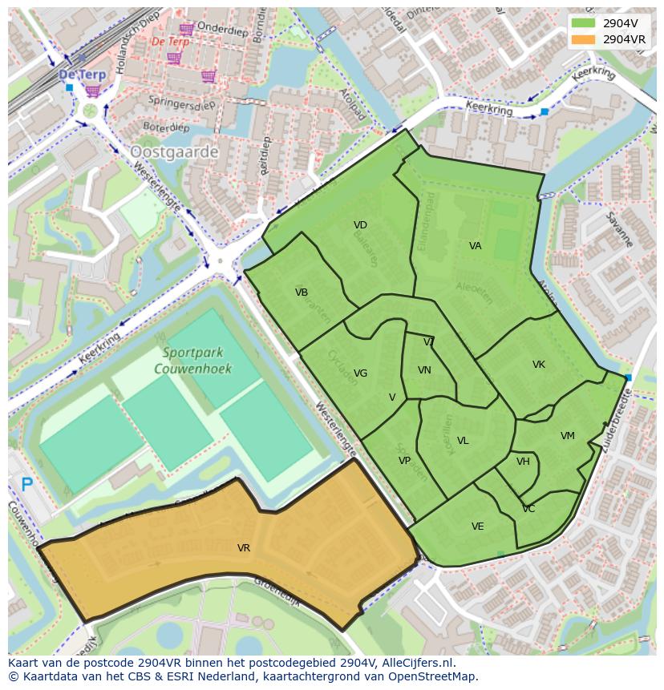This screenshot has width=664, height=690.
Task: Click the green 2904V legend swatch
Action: point(583,23)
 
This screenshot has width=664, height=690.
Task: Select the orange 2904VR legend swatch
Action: point(583,39)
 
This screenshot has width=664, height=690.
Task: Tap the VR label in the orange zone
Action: point(244,548)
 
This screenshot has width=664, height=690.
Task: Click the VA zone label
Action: point(476,246)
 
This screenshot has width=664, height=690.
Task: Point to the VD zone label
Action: point(360,225)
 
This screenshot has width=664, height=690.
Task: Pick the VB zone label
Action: point(302,293)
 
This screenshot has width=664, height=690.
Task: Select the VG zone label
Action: point(360,373)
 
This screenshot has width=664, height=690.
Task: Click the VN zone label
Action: point(424,370)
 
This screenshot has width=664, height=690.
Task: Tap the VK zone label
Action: point(539,365)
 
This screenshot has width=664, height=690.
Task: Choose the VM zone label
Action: point(568,436)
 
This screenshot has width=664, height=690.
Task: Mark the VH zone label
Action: point(523,462)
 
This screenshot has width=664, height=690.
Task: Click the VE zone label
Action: point(478,527)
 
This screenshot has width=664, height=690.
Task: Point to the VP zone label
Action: point(404,461)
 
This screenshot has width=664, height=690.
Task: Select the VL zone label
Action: point(463,441)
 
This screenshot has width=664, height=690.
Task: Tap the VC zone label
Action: point(528,509)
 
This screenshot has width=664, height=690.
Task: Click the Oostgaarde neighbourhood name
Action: point(174,151)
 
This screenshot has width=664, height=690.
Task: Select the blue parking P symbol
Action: point(27,483)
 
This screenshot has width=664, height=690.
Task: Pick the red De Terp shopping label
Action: point(170,41)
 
